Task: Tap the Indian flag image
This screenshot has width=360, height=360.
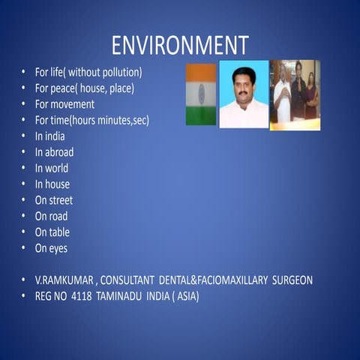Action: [200, 94]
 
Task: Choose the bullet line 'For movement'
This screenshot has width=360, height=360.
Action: [64, 104]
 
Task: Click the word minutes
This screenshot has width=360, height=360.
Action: [109, 120]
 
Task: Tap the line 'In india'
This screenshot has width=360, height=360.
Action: [49, 136]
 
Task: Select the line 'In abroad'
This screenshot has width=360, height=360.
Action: [54, 152]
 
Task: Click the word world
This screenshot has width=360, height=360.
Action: [56, 168]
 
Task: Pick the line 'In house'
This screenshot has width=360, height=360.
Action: [52, 184]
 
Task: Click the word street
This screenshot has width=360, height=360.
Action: [61, 200]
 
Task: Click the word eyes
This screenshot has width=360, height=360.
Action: [58, 247]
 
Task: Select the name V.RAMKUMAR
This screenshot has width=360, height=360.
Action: [64, 280]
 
